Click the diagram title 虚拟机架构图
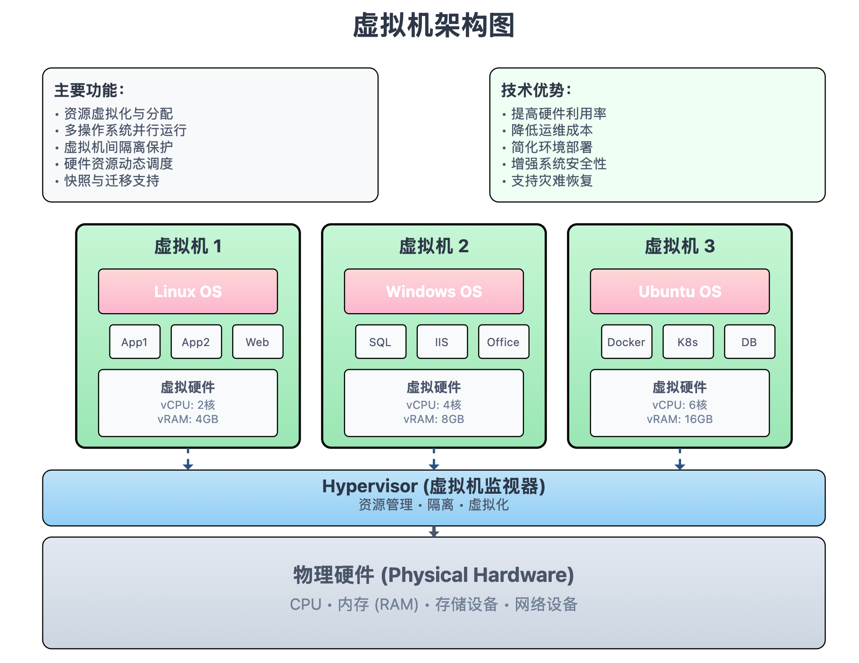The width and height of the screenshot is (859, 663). (434, 25)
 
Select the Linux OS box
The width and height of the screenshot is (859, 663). (188, 291)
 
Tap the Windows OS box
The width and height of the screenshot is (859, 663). (434, 291)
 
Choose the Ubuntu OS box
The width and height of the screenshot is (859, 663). (680, 291)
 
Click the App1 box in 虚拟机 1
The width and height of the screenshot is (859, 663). (135, 342)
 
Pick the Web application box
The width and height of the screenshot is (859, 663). (258, 342)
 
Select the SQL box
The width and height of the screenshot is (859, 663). (380, 342)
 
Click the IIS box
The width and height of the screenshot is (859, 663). (442, 342)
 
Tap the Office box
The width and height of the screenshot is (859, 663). (504, 342)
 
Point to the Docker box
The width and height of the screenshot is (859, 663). (626, 342)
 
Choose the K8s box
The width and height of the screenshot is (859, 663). (688, 342)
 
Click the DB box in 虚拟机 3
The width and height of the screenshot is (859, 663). (750, 342)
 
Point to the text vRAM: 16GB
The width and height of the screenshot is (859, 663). (680, 419)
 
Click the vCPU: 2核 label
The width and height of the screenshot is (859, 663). (188, 405)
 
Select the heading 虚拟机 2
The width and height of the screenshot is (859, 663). (434, 246)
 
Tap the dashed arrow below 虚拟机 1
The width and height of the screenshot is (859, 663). (188, 459)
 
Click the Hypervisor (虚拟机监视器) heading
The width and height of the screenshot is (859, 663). (434, 486)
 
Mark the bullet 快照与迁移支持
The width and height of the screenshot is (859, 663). (112, 181)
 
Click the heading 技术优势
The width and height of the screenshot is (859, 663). (536, 90)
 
